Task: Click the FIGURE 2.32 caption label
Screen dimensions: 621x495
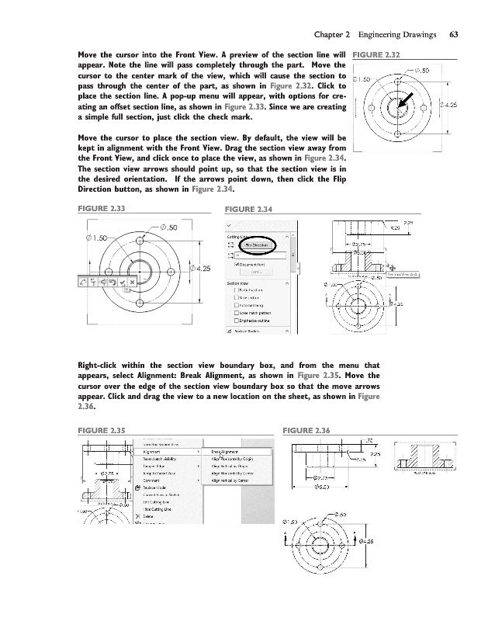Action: tap(376, 55)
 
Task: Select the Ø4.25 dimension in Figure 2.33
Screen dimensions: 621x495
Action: tap(200, 269)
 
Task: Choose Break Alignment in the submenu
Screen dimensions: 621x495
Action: tap(226, 450)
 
